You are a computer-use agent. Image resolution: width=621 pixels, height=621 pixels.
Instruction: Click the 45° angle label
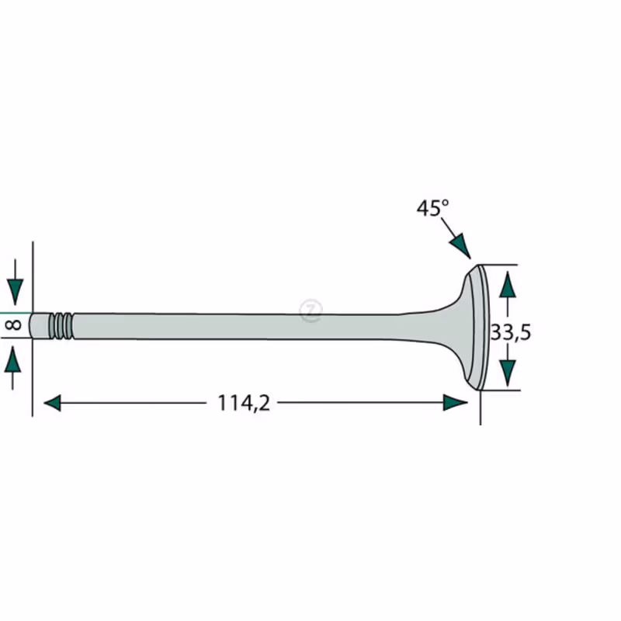coord(432,208)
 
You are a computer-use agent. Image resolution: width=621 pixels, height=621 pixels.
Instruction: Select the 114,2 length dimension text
coord(244,403)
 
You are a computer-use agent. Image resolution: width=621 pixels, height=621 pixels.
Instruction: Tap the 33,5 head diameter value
coord(511,332)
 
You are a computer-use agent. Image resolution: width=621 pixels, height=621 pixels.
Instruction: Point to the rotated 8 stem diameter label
coord(13,325)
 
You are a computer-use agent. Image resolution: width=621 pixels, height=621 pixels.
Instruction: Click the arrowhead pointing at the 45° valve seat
coord(460,245)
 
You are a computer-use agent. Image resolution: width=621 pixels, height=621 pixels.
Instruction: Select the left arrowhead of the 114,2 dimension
coord(52,403)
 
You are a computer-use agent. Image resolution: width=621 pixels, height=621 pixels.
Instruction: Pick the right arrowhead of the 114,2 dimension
coord(456,402)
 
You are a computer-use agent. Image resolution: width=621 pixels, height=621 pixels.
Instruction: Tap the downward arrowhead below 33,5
coord(508,373)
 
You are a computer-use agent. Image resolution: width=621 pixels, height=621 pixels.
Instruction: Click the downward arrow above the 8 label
coord(15,283)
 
